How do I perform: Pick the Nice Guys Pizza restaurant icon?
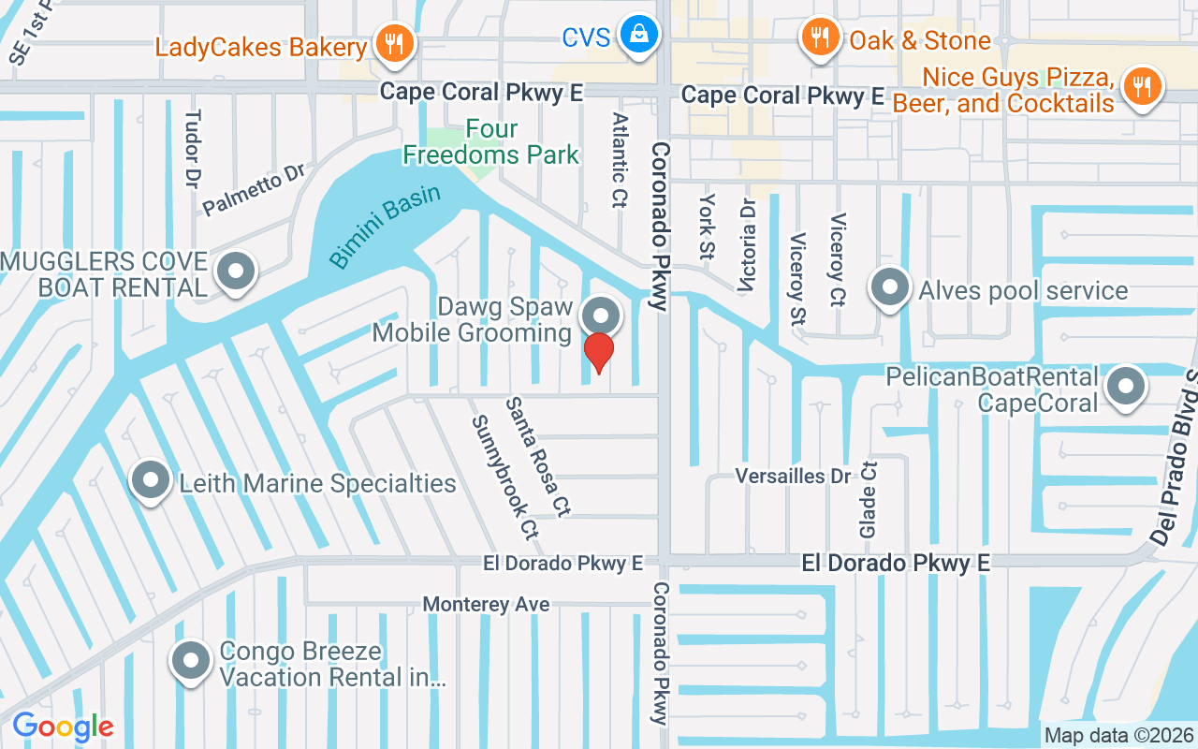[x=1141, y=87]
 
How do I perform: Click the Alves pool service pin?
[x=890, y=287]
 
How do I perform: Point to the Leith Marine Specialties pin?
[x=151, y=481]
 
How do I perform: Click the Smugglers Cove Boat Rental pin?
[x=235, y=272]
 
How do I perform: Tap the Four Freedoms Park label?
[x=491, y=141]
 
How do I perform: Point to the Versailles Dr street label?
[x=793, y=476]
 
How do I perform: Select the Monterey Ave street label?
[x=486, y=605]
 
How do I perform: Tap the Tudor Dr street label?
[x=193, y=150]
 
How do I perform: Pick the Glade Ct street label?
[x=869, y=499]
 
